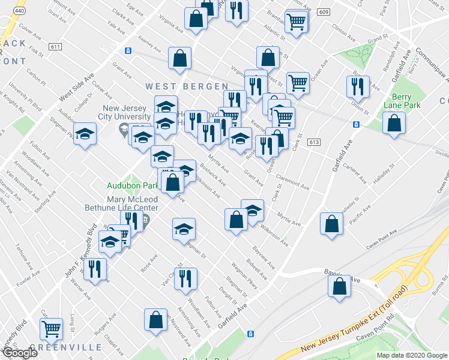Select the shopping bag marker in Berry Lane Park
tap(394, 124)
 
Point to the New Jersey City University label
tap(124, 112)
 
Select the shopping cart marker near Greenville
tap(52, 328)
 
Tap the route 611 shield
tap(56, 47)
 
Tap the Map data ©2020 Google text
tap(412, 355)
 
